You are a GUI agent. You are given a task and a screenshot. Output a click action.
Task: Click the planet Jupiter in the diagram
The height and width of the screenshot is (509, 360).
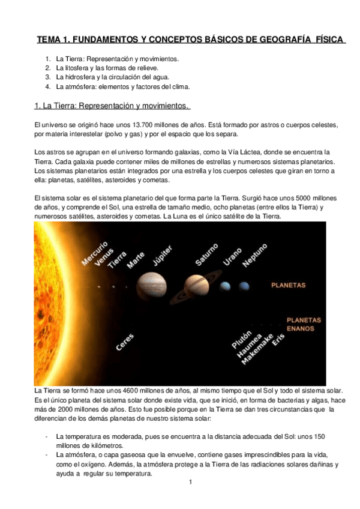[x=152, y=285]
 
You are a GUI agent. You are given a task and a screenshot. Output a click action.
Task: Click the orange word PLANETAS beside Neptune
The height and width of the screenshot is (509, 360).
[x=289, y=286]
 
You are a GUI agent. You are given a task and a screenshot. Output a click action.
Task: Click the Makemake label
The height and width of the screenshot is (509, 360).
[x=262, y=347]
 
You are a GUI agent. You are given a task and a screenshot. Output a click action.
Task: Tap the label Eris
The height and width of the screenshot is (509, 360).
[x=278, y=340]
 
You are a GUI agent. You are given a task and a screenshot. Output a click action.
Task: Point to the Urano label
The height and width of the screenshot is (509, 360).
[x=232, y=258]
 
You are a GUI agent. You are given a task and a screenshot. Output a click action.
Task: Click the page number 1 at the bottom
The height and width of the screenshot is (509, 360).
[x=190, y=482]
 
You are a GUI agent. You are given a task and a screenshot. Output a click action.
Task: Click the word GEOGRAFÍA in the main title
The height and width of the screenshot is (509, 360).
[x=283, y=40]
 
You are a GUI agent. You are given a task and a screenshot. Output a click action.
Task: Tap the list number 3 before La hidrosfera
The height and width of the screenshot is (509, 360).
[x=48, y=77]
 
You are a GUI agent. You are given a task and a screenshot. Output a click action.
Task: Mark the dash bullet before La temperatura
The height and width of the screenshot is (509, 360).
[x=46, y=436]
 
